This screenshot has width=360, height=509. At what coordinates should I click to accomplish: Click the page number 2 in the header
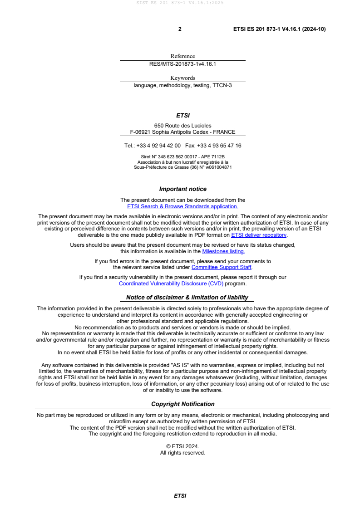click(x=180, y=29)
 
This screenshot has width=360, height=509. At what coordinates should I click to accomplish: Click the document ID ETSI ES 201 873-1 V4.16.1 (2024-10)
click(x=279, y=29)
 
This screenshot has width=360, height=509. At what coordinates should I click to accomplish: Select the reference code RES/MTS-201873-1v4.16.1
click(x=182, y=64)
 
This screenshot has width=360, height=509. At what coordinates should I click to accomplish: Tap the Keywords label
click(x=182, y=78)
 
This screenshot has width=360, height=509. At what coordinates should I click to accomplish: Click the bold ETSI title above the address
click(x=182, y=116)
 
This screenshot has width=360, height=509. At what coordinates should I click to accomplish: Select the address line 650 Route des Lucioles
click(x=182, y=126)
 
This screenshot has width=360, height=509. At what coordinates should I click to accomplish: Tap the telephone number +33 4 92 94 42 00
click(x=158, y=146)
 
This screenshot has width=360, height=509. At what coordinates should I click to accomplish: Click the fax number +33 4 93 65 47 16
click(x=220, y=146)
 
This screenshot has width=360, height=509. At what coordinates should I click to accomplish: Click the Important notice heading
click(x=182, y=189)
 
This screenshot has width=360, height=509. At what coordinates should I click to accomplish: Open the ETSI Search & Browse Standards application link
click(x=182, y=206)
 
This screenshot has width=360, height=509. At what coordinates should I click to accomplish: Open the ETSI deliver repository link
click(x=259, y=235)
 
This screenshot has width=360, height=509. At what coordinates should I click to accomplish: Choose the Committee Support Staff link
click(x=222, y=267)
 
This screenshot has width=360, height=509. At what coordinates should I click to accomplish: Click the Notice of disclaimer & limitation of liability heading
click(x=187, y=298)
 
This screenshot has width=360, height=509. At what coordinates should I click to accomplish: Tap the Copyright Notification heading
click(x=182, y=404)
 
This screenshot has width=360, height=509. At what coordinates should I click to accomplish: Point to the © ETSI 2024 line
click(x=182, y=446)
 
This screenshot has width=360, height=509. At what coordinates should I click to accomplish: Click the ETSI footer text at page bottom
click(x=180, y=496)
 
